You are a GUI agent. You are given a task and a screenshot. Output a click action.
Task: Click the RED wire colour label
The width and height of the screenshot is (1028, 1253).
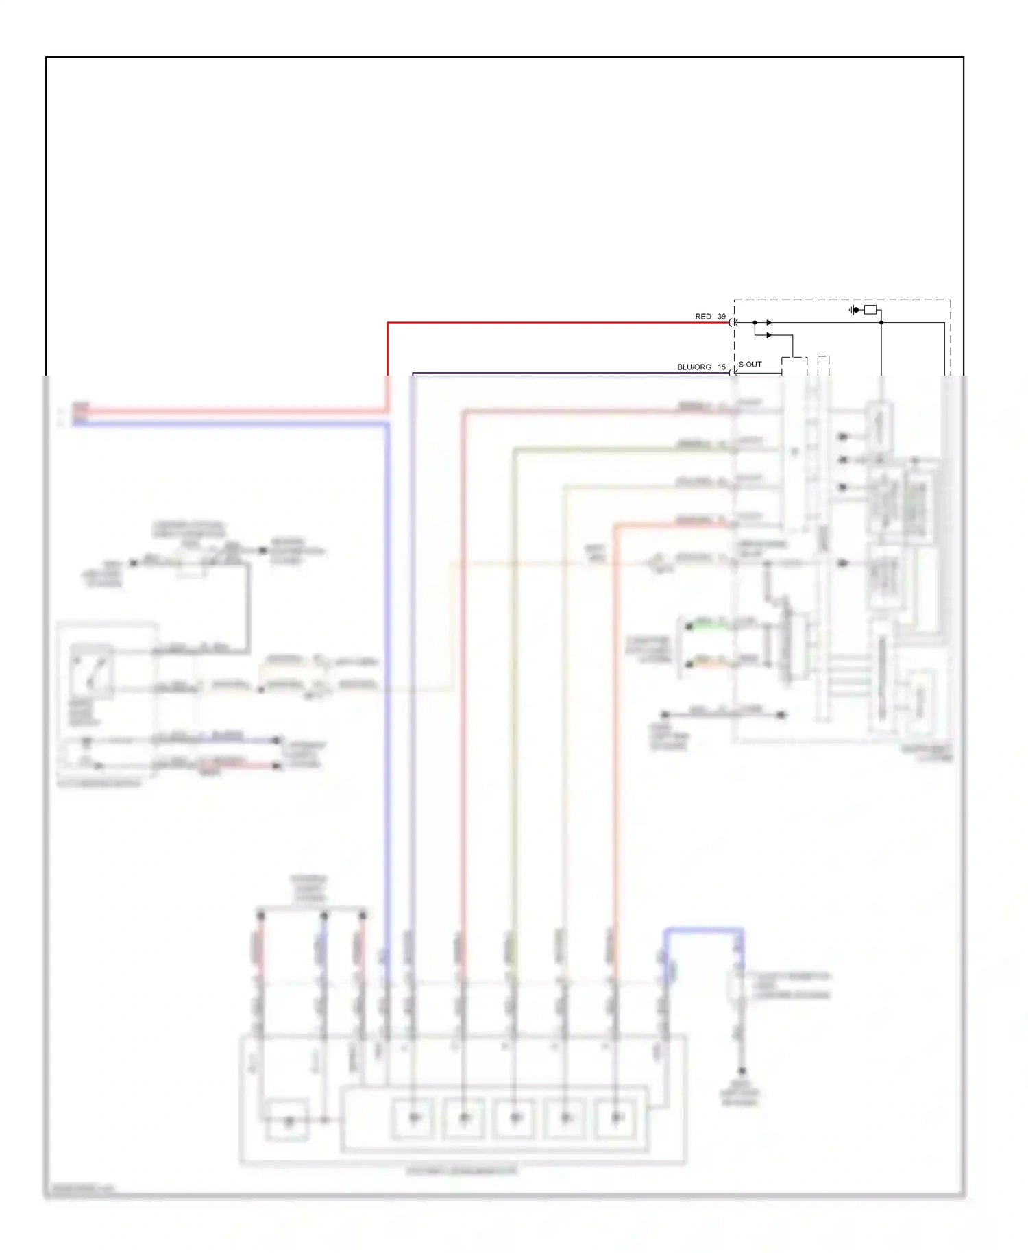tap(702, 317)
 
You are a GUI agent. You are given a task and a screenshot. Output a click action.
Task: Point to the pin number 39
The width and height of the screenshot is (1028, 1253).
tap(721, 317)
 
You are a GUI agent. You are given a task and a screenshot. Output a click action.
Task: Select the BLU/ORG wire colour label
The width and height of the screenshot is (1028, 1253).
tap(694, 367)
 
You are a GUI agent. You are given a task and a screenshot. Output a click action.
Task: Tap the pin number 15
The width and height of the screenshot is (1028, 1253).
tap(721, 367)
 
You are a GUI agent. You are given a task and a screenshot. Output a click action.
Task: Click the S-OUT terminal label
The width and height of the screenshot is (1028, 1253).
tap(750, 365)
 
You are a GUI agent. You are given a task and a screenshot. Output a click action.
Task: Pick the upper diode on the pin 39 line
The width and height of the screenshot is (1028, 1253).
tap(769, 322)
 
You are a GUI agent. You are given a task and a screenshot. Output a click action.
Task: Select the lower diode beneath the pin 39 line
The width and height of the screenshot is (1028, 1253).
tap(769, 335)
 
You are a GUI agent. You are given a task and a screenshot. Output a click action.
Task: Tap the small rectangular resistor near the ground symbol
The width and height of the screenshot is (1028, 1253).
tap(870, 310)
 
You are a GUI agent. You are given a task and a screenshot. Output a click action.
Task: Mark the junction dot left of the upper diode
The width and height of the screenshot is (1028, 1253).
tap(755, 322)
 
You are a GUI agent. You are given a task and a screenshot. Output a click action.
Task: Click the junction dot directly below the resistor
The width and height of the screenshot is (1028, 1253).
tap(881, 322)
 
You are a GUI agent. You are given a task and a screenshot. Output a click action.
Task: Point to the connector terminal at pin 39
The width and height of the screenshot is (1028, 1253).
tap(733, 322)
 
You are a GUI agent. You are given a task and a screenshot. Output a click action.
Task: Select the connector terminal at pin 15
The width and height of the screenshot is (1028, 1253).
tap(733, 373)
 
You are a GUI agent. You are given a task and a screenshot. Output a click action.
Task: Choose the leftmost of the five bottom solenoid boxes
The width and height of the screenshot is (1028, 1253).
tap(414, 1118)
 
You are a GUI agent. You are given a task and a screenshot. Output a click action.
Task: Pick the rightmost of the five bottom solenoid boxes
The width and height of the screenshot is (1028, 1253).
tap(616, 1118)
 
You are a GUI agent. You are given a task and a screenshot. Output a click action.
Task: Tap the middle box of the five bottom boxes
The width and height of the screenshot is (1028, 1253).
tap(515, 1118)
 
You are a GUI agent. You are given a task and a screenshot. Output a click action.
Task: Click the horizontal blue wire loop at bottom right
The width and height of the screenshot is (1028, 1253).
tap(703, 931)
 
